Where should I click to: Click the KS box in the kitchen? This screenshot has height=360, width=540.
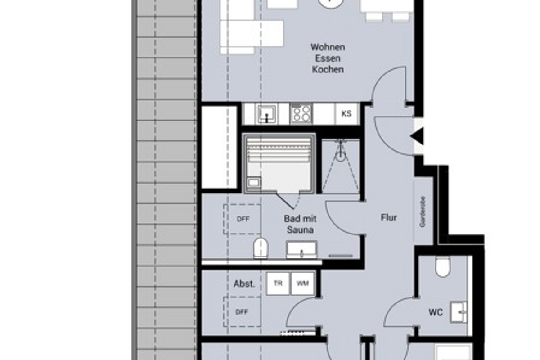[346, 114]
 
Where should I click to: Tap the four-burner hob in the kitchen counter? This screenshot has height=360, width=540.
[301, 113]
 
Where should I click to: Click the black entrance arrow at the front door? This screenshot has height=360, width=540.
[417, 135]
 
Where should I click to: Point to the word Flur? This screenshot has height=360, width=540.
[389, 218]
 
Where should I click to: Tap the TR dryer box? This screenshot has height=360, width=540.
[278, 283]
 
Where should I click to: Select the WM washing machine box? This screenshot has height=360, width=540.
[302, 283]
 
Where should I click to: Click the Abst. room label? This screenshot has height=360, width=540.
[244, 284]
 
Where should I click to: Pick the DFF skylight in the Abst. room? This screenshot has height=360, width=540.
[242, 311]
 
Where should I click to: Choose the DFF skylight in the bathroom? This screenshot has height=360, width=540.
[242, 219]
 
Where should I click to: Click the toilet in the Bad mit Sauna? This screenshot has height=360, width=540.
[261, 248]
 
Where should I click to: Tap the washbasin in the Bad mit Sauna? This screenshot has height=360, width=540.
[301, 250]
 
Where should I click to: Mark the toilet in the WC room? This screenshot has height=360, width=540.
[443, 266]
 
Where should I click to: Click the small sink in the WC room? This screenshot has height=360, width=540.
[459, 312]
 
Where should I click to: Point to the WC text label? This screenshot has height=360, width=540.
[436, 312]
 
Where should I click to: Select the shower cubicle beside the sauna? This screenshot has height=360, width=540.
[341, 166]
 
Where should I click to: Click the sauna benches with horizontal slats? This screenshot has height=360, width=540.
[279, 153]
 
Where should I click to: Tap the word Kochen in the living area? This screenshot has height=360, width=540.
[328, 70]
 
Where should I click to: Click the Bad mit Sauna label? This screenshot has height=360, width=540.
[300, 224]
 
